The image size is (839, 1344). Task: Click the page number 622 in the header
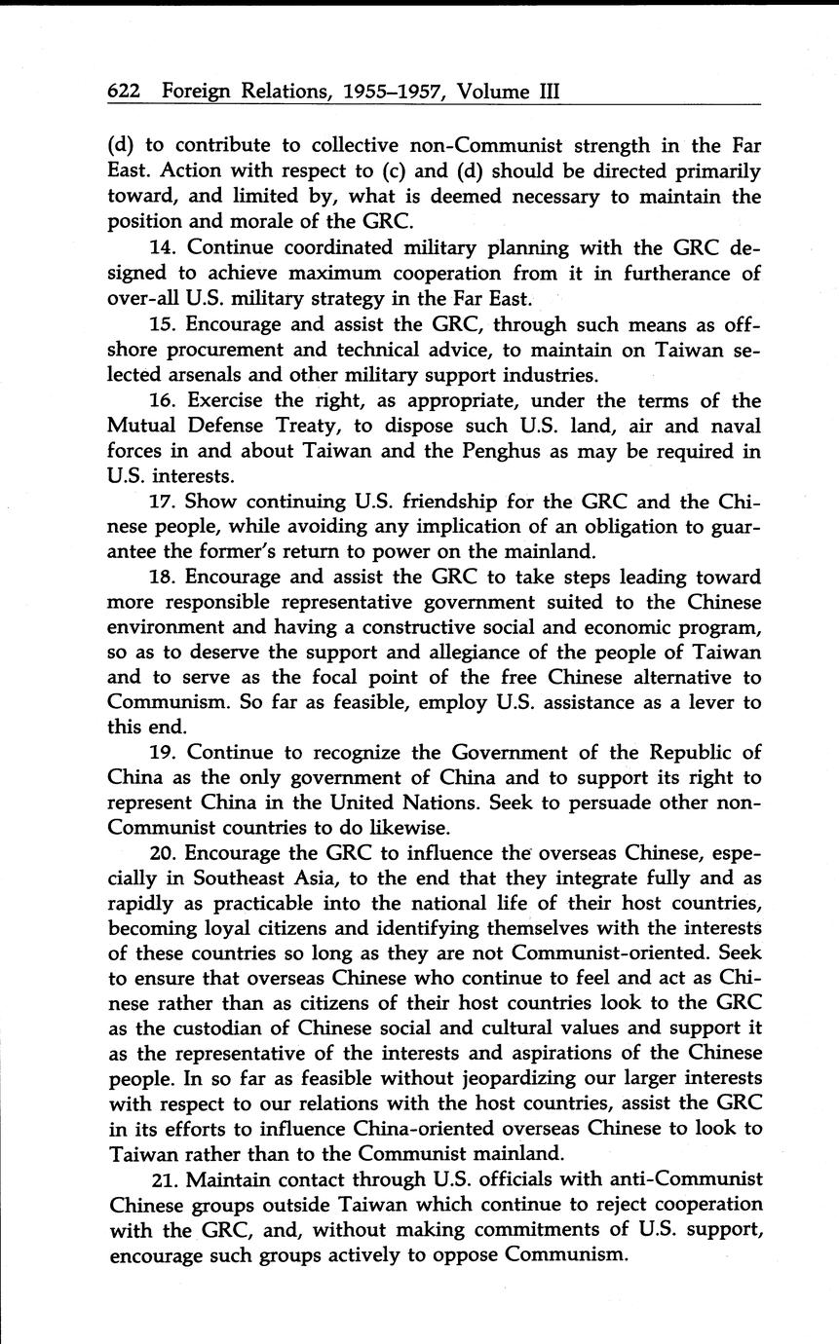(x=125, y=93)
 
